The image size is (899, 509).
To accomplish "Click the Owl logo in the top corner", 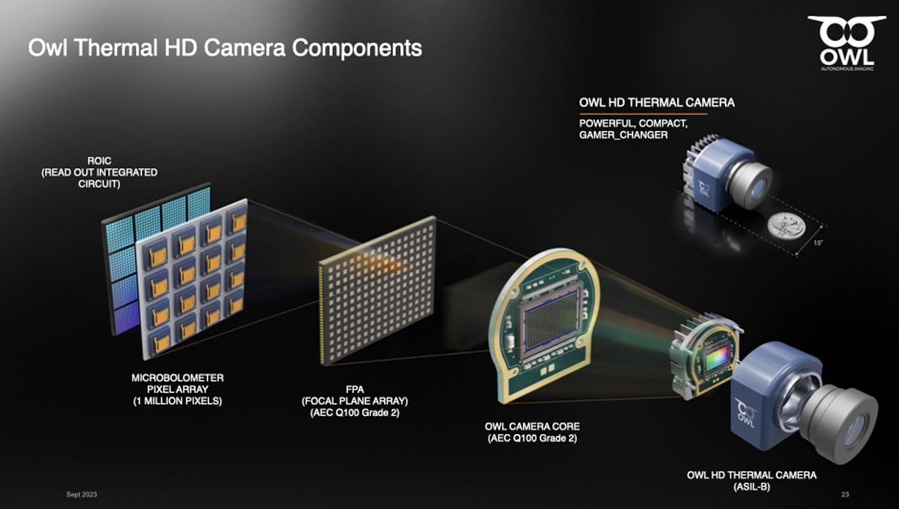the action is [x=847, y=43].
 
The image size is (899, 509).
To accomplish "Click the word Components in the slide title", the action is [x=357, y=48].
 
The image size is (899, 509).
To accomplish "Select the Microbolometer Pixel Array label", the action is [x=178, y=389].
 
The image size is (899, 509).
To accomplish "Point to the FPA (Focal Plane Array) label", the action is [x=355, y=401].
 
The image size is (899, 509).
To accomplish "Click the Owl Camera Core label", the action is [x=532, y=432].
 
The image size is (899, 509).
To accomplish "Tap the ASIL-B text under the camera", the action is [x=751, y=487].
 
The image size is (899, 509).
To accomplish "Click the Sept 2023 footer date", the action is [x=82, y=495].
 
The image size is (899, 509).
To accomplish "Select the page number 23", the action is [x=845, y=495].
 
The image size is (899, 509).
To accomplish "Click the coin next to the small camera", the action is [x=786, y=226].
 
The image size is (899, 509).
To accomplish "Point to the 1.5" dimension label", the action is [x=818, y=242].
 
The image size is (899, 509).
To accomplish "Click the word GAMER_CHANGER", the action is [x=623, y=135].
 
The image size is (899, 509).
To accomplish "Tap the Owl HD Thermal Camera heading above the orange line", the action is [x=657, y=103].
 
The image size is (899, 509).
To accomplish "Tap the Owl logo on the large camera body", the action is [x=745, y=413].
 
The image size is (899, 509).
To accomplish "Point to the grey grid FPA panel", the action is [x=377, y=290].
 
